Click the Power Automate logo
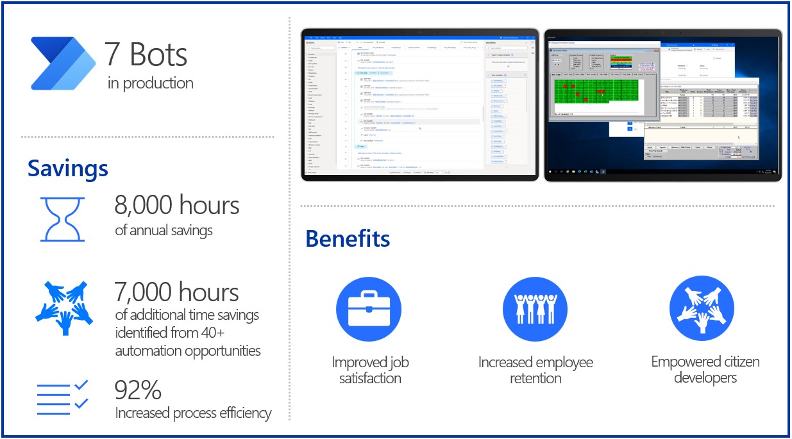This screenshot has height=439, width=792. point(63,63)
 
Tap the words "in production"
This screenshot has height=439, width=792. point(151,83)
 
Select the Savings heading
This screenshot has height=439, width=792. point(67,169)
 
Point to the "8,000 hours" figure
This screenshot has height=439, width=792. point(177,206)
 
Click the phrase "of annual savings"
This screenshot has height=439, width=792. point(164,230)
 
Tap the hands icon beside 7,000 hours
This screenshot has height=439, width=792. point(63,306)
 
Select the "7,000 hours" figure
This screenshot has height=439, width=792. point(176,292)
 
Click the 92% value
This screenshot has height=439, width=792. point(137,390)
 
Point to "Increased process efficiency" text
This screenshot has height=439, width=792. point(193,413)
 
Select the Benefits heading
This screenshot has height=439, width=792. point(347,238)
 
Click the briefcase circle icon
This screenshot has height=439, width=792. point(364,309)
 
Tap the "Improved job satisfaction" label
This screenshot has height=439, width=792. point(370,370)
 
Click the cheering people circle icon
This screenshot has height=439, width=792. point(535,309)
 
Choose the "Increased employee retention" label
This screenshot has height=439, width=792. point(535,370)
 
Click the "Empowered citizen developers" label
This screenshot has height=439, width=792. point(705,369)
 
